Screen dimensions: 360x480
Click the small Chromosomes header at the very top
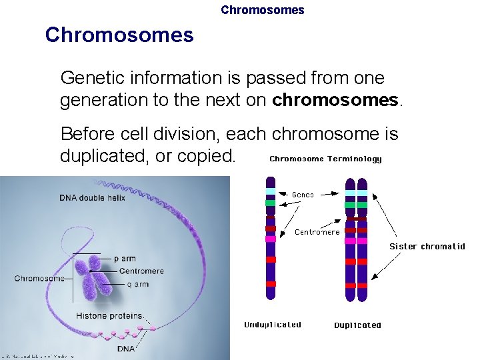tap(262, 10)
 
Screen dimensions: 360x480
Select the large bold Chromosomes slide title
tap(119, 35)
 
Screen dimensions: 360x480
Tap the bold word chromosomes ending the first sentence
tap(335, 100)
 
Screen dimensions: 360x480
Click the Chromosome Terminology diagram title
tap(325, 159)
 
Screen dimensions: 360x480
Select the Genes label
tap(303, 195)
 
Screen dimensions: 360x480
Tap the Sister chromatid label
tap(427, 246)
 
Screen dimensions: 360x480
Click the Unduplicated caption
tap(273, 325)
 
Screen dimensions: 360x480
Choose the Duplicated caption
tap(357, 325)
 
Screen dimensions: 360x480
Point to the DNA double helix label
tap(92, 197)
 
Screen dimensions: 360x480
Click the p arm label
tap(125, 259)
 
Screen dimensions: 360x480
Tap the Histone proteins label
tap(109, 315)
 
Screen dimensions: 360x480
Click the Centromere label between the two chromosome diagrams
tap(317, 232)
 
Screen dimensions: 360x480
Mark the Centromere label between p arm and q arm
tap(141, 271)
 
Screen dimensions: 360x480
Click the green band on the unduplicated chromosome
tap(271, 202)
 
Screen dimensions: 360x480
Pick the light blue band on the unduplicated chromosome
tap(271, 191)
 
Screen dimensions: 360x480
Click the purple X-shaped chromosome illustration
tap(93, 279)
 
